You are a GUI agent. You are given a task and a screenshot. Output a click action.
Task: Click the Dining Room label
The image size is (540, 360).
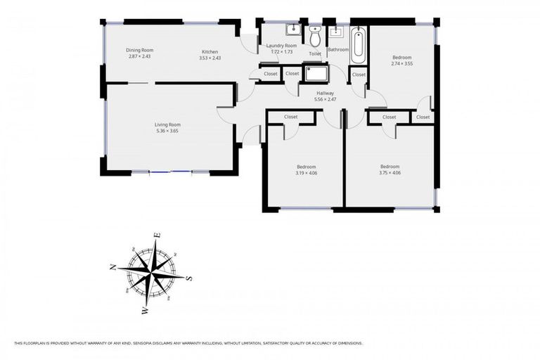139,50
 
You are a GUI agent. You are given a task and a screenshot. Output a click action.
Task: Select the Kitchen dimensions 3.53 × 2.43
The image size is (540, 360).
210,58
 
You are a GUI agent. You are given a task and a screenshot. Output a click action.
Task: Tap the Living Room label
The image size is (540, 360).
168,124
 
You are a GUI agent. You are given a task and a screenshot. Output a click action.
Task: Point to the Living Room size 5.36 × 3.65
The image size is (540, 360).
168,131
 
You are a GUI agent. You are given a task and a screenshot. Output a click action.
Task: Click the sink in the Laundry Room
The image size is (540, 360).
292,30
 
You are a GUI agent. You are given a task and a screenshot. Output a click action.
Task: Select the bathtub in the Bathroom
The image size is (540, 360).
359,44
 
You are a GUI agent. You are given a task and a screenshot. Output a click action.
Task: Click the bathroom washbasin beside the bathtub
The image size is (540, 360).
335,31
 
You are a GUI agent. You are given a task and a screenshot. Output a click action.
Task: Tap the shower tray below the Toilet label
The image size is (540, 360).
316,73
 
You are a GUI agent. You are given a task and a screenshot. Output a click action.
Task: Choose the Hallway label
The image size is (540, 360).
325,93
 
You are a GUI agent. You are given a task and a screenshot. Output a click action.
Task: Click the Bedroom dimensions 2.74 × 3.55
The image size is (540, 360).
401,63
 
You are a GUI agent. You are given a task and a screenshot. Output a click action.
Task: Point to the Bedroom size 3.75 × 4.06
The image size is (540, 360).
390,172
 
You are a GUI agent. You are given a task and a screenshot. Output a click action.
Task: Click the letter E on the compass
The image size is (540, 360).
157,236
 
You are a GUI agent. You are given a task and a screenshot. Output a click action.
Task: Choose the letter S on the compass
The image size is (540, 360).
189,278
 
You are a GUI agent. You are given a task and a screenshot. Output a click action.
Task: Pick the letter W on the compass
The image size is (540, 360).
144,310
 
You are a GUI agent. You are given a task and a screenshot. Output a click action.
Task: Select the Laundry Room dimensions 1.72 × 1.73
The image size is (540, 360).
281,52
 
